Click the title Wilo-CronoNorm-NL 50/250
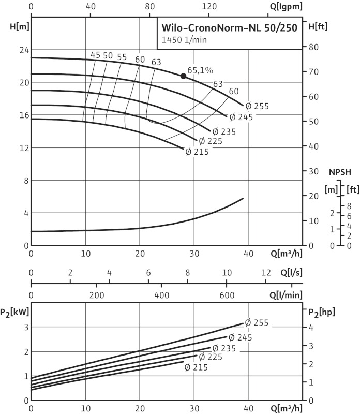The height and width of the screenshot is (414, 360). pos(230,28)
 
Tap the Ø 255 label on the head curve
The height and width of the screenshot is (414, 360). pos(257,106)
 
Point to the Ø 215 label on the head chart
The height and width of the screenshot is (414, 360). pos(196,152)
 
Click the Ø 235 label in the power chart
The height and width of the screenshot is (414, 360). pos(224,348)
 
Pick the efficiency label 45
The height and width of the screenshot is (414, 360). pos(95,55)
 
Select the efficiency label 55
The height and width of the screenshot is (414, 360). pos(122,57)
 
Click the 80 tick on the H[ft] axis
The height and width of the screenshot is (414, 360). pos(312,47)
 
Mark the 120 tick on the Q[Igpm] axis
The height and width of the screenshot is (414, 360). pos(209,7)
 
